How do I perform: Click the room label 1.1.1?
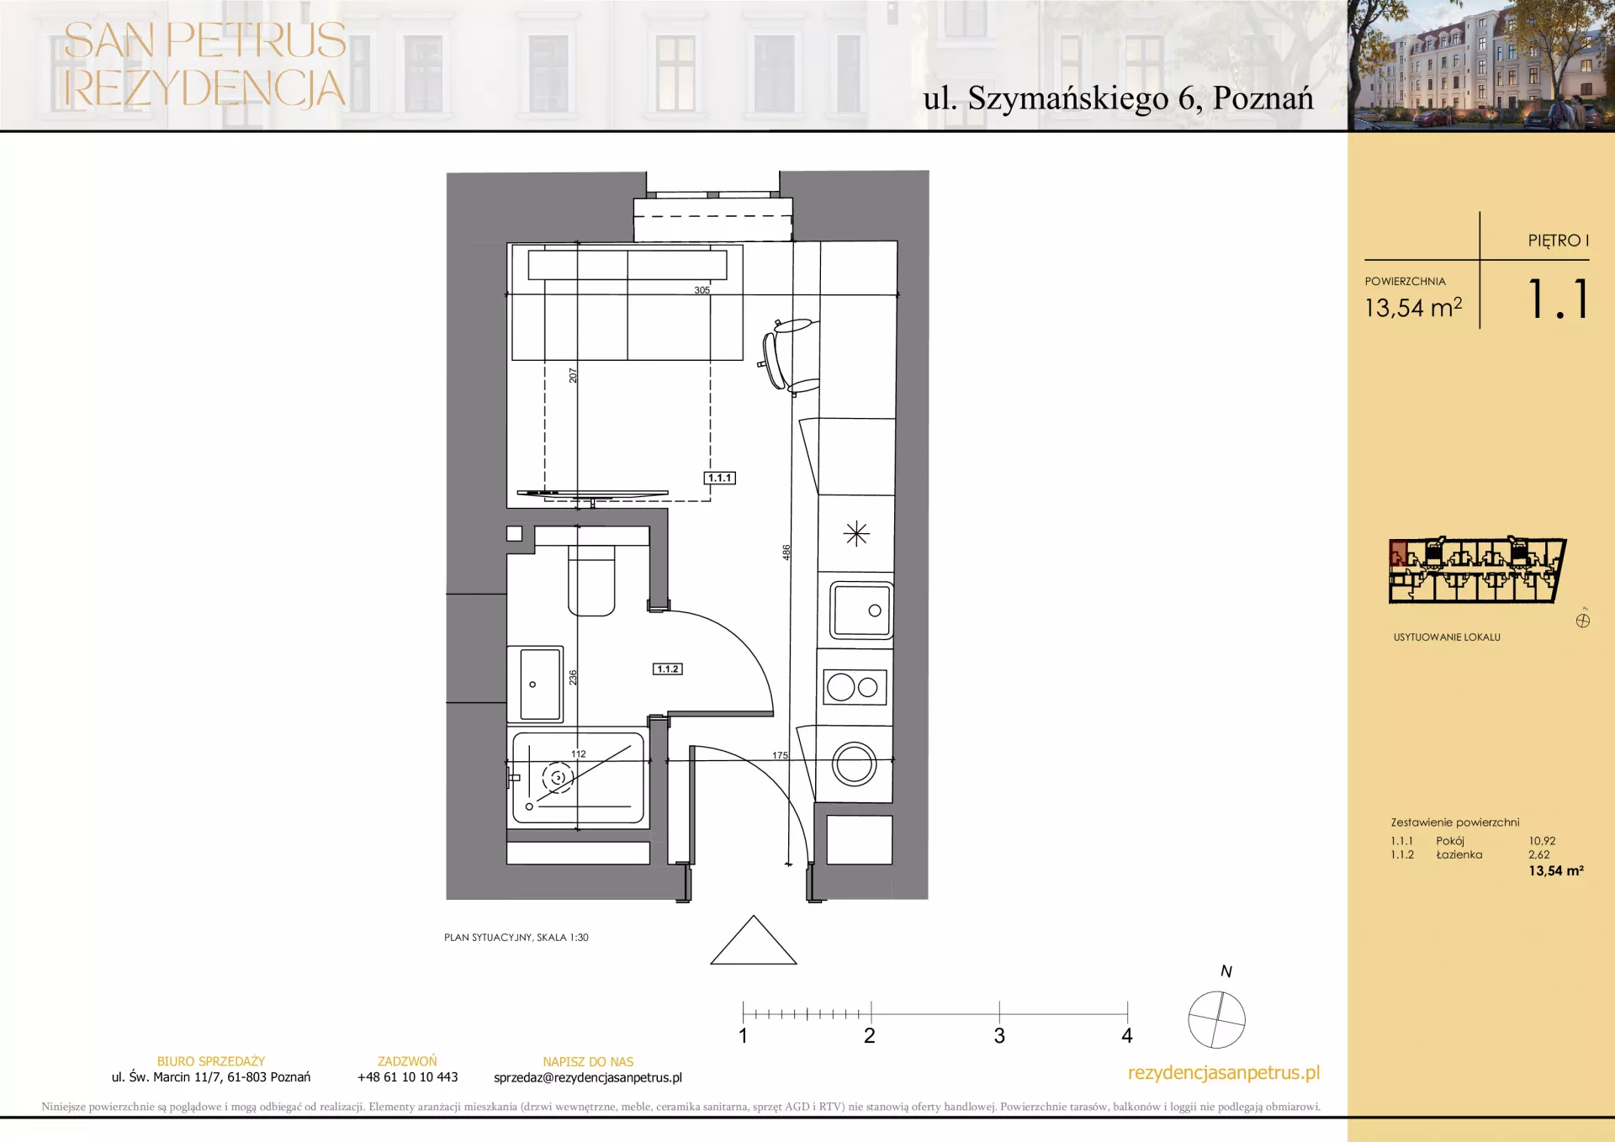click(x=719, y=478)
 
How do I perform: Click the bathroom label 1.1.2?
click(x=668, y=669)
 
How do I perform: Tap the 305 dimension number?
click(x=702, y=290)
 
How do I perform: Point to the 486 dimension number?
click(x=786, y=552)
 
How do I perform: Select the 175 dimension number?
click(x=781, y=755)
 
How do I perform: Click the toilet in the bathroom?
click(x=591, y=580)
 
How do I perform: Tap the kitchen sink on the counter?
click(x=861, y=611)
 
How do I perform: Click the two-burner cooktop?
click(x=855, y=687)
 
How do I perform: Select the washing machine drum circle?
click(x=855, y=765)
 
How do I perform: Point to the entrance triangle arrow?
click(x=754, y=940)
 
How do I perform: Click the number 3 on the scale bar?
click(x=999, y=1036)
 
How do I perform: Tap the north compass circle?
click(x=1216, y=1019)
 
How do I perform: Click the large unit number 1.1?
click(x=1558, y=299)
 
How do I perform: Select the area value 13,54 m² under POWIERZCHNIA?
click(x=1413, y=308)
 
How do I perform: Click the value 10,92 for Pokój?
click(x=1542, y=841)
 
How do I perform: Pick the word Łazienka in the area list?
click(x=1459, y=854)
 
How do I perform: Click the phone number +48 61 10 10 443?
click(x=408, y=1077)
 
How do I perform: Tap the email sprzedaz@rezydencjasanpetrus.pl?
click(x=588, y=1078)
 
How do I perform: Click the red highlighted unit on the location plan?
click(x=1398, y=554)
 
